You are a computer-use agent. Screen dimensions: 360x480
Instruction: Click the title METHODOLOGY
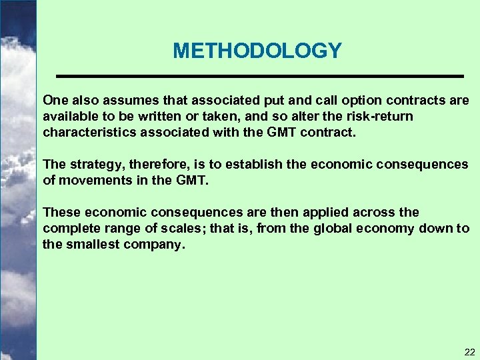(x=257, y=51)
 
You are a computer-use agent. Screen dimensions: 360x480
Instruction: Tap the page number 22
(x=470, y=352)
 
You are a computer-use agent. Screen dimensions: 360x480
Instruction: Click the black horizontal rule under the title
(x=259, y=77)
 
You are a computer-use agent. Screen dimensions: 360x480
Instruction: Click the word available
(x=69, y=117)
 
